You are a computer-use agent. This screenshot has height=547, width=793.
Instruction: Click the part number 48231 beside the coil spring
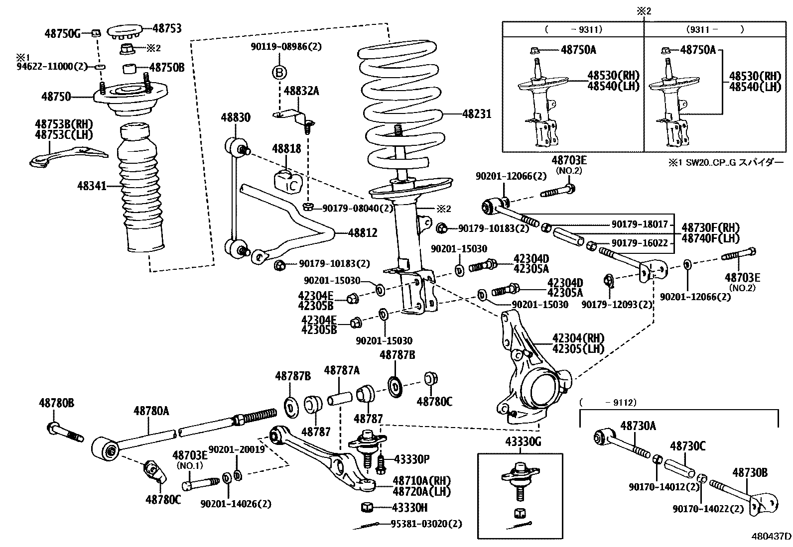(477, 114)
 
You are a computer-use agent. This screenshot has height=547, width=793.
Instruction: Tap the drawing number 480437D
(771, 537)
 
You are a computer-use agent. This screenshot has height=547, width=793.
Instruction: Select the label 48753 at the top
(167, 29)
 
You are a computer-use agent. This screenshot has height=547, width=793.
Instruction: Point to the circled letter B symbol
(279, 73)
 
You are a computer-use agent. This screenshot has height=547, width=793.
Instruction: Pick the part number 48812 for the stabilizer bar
(362, 232)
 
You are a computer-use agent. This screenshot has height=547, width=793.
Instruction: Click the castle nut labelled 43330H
(367, 507)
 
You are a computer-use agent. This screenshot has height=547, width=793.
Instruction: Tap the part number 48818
(286, 149)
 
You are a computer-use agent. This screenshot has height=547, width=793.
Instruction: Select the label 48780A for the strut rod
(151, 411)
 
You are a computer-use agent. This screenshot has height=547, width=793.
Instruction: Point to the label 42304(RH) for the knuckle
(578, 338)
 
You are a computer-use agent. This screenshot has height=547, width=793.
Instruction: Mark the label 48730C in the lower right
(687, 446)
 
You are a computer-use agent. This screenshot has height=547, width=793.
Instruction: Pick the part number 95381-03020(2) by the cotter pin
(426, 524)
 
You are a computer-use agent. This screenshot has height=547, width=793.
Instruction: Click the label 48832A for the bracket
(301, 91)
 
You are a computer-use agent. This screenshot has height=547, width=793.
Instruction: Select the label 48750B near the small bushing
(167, 67)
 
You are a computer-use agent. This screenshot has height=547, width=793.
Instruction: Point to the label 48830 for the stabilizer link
(236, 117)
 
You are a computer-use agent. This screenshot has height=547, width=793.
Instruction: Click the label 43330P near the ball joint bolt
(411, 458)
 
